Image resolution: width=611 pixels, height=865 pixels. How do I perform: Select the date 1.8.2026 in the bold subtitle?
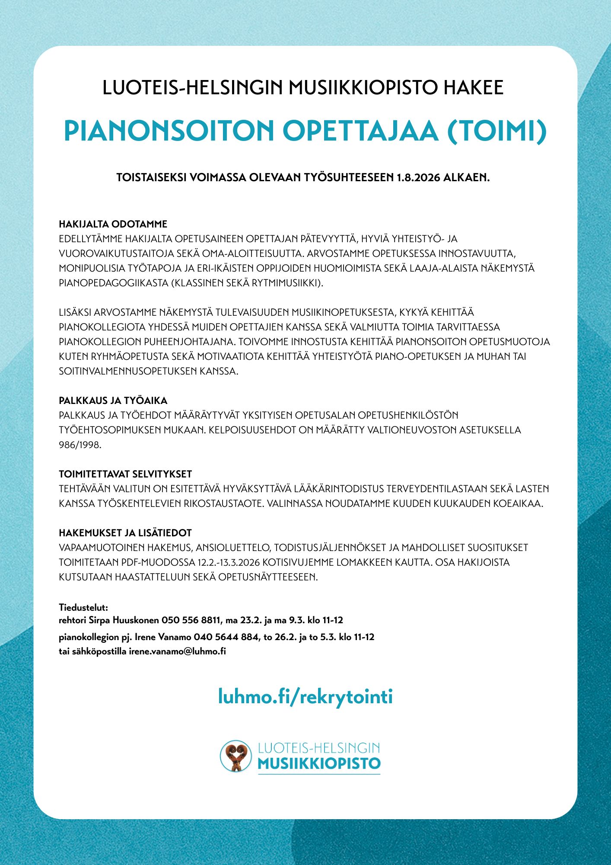(x=418, y=178)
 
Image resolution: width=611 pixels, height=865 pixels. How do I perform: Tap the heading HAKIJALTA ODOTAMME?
(x=113, y=224)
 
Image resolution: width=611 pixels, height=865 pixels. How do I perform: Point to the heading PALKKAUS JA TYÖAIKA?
(x=113, y=400)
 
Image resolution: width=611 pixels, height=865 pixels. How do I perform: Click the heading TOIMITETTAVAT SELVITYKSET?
(x=125, y=474)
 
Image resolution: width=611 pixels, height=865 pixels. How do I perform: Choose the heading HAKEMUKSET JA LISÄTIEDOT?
(x=125, y=533)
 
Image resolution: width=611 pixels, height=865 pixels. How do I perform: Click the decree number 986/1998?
(x=80, y=445)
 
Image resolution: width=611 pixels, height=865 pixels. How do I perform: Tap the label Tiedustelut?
(x=83, y=607)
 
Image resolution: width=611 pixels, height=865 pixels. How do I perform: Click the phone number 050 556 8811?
(x=191, y=620)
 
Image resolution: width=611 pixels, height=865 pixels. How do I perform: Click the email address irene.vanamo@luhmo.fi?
(x=178, y=651)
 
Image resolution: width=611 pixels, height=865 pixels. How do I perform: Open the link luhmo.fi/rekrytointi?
(x=305, y=697)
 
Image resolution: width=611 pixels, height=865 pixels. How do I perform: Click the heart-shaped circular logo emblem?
(x=235, y=756)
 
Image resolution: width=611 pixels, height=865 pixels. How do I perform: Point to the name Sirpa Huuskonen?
(x=124, y=620)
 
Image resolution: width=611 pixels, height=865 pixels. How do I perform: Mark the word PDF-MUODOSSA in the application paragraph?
(x=158, y=563)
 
